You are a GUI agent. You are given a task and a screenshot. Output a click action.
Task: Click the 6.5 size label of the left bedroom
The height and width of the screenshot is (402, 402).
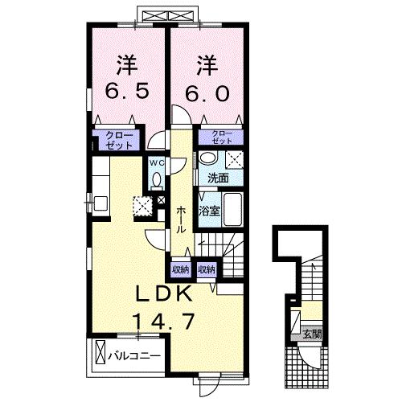coord(127,92)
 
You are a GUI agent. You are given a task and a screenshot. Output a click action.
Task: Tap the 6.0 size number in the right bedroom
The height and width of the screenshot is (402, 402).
coord(207,92)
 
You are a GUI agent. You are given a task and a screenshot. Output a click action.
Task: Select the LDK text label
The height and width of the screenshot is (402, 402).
coord(164,293)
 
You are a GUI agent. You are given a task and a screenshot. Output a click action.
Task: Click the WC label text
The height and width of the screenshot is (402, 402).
coord(157,162)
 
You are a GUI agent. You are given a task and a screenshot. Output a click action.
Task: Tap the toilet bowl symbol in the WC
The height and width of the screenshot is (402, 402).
coord(157,179)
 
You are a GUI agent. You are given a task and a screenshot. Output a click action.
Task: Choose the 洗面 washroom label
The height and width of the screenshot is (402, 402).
coord(218,178)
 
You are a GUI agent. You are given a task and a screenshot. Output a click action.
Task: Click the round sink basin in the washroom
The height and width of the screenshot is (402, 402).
coord(207,158)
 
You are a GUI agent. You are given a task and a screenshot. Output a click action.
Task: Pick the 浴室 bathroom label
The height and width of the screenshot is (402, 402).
coord(210,211)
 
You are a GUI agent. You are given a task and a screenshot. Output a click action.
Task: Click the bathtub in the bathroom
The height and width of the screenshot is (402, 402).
coord(232,209)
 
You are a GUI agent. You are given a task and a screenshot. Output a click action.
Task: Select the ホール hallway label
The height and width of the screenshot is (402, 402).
coord(182,219)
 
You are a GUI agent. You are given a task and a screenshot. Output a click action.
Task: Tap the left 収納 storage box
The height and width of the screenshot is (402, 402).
coord(181,270)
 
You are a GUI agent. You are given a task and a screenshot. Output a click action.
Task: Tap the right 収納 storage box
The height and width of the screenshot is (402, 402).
coord(207,270)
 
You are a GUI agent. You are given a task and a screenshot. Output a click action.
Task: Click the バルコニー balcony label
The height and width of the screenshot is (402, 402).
coord(134,356)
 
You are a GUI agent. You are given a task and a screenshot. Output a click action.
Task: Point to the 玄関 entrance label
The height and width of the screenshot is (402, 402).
coord(312,334)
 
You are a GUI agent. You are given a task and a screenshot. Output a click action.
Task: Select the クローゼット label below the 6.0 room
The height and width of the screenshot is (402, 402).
coord(222,137)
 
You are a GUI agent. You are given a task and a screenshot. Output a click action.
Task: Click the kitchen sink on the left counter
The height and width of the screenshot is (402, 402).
coord(100,203)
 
